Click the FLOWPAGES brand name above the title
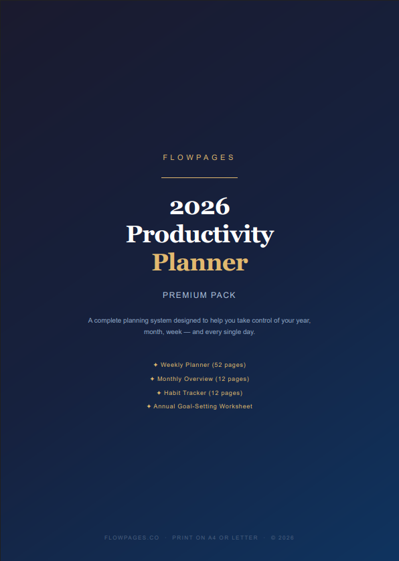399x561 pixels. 199,158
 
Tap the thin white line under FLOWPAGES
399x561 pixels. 199,177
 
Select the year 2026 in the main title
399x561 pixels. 199,206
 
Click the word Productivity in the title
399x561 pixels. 199,234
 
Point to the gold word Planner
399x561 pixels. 199,262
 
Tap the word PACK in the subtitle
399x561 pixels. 224,295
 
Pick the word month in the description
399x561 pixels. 154,332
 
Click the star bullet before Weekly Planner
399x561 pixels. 155,365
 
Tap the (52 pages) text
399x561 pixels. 229,365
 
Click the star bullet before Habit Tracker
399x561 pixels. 159,393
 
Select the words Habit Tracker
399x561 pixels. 185,393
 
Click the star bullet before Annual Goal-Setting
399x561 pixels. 149,406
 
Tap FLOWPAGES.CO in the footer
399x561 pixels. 132,538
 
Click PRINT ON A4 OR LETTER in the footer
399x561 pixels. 215,538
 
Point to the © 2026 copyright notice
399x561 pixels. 282,538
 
